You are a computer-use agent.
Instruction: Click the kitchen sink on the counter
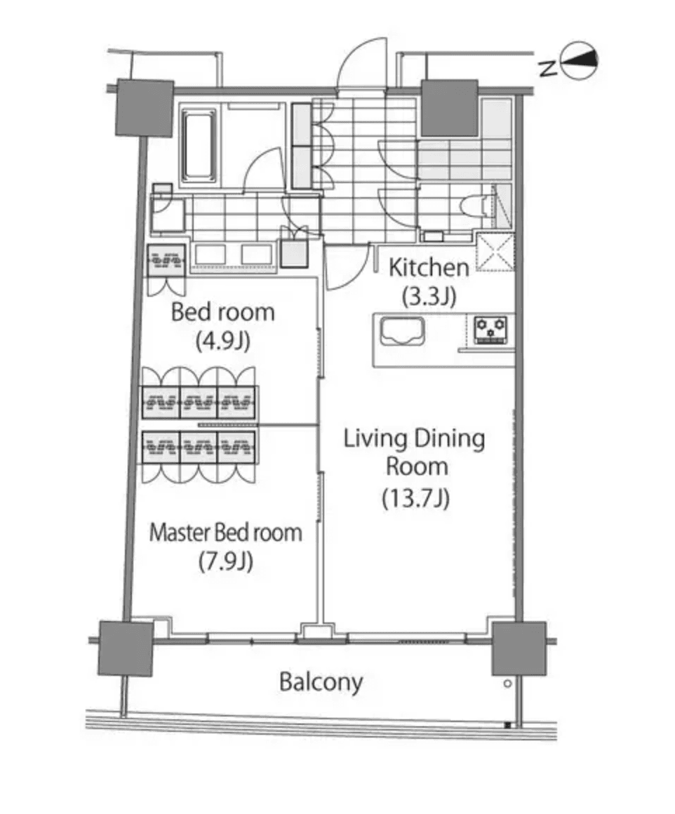(x=402, y=331)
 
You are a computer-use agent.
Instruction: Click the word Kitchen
(x=429, y=267)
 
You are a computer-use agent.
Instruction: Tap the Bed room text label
(x=223, y=312)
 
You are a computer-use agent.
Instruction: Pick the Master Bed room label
(x=226, y=533)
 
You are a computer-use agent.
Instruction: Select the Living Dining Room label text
(x=414, y=453)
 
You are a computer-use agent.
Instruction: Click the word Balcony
(x=321, y=681)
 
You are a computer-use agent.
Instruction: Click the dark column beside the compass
(x=449, y=107)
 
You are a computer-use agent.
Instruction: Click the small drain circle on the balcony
(x=507, y=683)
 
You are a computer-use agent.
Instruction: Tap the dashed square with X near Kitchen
(x=495, y=251)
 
